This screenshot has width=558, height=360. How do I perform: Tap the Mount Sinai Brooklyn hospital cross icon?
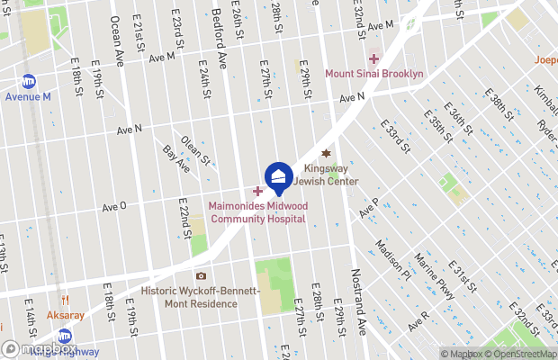(373, 58)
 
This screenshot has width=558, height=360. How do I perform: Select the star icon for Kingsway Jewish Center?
(327, 153)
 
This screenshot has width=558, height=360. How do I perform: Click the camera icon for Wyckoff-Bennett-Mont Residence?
(201, 275)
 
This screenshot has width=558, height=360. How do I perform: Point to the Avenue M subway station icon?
(29, 81)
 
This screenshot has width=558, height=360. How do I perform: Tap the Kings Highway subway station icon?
(65, 336)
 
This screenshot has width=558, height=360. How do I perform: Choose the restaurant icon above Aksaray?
(65, 301)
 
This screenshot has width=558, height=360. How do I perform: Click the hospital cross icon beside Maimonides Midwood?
(257, 191)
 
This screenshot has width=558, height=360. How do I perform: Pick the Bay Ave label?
(176, 158)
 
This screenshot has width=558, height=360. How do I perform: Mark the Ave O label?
(114, 207)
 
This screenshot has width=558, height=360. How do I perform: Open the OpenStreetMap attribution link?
(521, 353)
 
